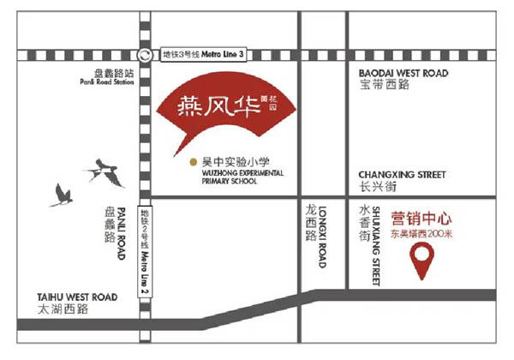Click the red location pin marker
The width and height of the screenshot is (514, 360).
point(421,261)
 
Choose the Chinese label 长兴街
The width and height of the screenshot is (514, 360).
point(376,189)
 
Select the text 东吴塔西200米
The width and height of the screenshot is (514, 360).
point(422,232)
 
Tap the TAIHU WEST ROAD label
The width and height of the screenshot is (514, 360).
point(63,291)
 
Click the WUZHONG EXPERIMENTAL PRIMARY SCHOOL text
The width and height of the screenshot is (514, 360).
point(236,176)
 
